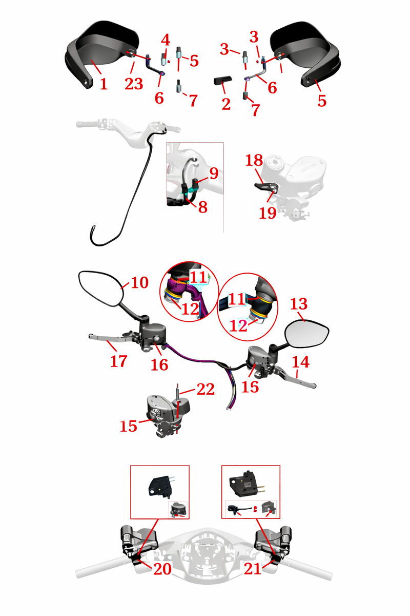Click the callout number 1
tap(104, 84)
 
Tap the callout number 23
tap(134, 84)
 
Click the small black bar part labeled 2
tap(223, 81)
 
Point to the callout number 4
tap(166, 40)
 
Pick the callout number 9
tap(214, 173)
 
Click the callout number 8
tap(202, 207)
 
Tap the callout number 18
tap(254, 160)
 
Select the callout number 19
tap(268, 213)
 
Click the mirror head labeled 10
tap(101, 288)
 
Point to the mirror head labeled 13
tap(307, 334)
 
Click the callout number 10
tap(140, 282)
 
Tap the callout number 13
tap(299, 304)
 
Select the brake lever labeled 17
tap(110, 338)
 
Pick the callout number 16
tap(159, 364)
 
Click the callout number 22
tap(205, 390)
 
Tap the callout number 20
tap(162, 569)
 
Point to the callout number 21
tap(252, 569)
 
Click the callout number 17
tap(118, 361)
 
